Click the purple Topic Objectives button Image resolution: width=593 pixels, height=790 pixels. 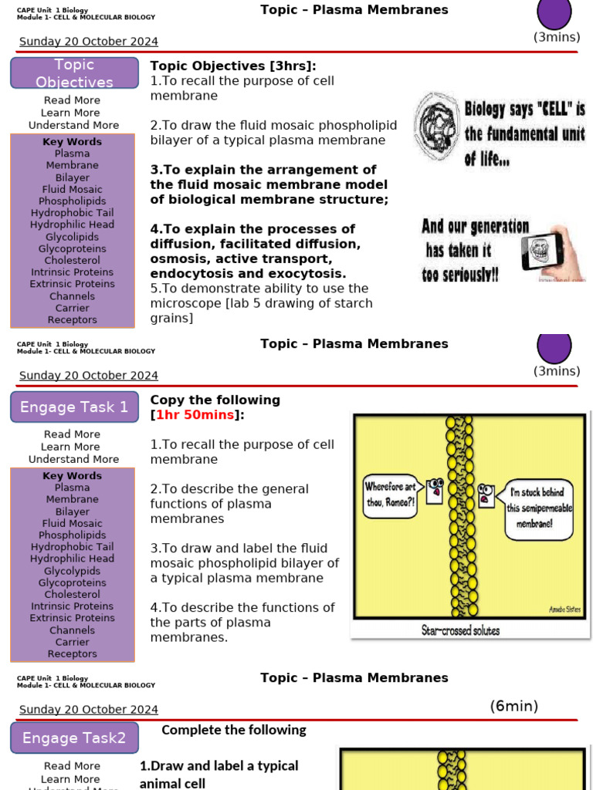(74, 73)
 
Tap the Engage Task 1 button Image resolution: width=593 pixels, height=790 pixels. (74, 407)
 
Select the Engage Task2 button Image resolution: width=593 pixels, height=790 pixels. (74, 738)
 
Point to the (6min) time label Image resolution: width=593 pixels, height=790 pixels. (513, 706)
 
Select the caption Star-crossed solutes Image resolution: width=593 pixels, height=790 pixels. (460, 630)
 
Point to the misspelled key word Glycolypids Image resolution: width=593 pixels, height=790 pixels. (72, 571)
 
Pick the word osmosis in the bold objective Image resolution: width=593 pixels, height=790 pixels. (178, 259)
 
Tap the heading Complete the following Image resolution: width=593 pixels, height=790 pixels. (234, 730)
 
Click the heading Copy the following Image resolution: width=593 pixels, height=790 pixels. (215, 400)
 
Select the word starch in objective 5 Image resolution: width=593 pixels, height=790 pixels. (354, 303)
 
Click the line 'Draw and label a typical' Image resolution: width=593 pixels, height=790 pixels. (219, 766)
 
